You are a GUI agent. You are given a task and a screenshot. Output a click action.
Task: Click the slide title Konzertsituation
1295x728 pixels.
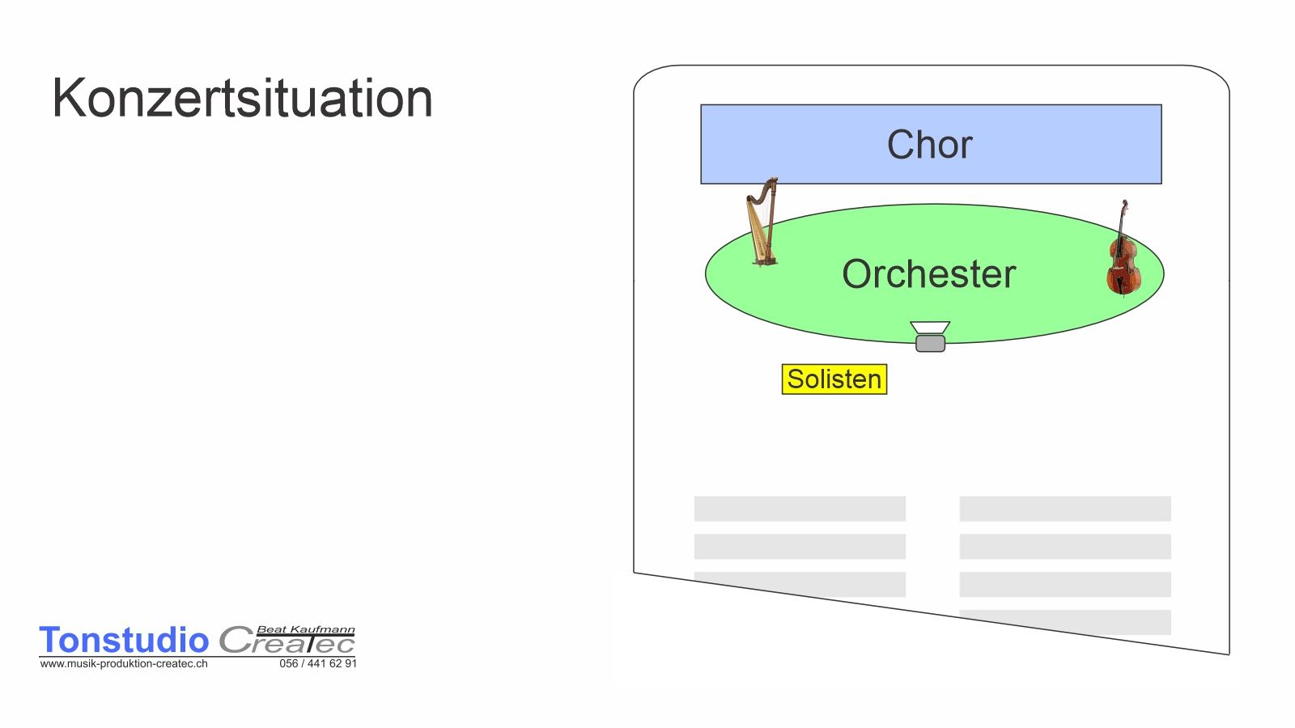[x=242, y=98]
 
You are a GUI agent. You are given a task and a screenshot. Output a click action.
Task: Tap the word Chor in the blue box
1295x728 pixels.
[x=930, y=145]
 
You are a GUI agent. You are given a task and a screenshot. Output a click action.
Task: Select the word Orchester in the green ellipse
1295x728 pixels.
[x=928, y=274]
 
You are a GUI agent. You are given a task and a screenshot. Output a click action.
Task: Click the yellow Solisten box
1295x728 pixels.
[x=834, y=379]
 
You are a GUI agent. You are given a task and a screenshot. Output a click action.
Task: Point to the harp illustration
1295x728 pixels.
[x=762, y=222]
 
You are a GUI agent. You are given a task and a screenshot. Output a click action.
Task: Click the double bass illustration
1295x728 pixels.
[x=1123, y=248]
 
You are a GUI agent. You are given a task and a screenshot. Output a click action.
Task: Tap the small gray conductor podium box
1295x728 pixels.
[x=930, y=343]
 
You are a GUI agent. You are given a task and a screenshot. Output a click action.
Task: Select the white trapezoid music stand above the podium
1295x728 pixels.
[x=930, y=328]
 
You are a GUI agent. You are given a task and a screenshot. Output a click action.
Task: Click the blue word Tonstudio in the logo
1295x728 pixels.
[x=124, y=640]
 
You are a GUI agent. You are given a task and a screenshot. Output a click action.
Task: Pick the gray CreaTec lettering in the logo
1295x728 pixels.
[x=287, y=641]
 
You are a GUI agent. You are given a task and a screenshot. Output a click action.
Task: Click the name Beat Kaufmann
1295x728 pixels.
[x=306, y=629]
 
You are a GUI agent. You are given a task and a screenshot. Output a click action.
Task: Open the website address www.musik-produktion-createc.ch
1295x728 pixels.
[x=124, y=664]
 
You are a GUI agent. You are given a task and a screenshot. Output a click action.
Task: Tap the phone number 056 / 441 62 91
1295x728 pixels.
[x=318, y=664]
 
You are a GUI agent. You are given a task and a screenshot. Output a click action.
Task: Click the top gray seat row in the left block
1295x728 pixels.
[x=800, y=509]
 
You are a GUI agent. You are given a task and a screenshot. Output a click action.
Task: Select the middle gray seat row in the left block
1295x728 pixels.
[x=800, y=547]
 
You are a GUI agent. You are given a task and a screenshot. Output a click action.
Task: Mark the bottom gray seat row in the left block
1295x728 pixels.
[x=800, y=584]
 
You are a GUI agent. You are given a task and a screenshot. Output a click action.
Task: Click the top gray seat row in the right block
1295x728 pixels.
[x=1065, y=509]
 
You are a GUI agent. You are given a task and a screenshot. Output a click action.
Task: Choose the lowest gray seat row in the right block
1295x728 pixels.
[x=1065, y=622]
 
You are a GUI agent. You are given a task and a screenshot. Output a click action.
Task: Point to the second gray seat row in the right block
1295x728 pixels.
[x=1065, y=547]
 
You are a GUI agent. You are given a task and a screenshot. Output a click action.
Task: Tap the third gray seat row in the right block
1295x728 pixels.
[x=1065, y=584]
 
